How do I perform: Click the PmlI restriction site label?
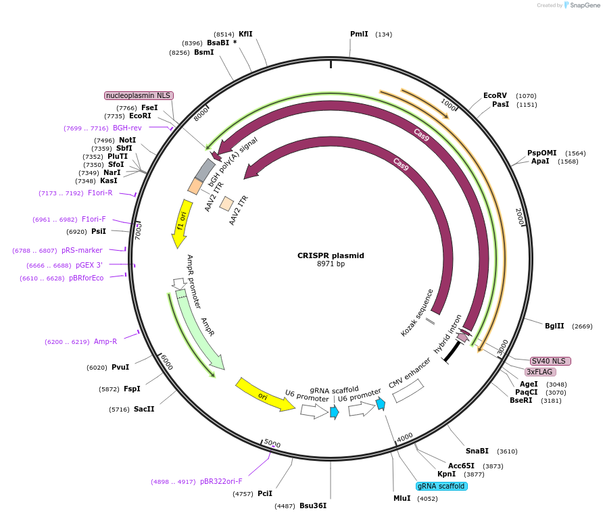coord(359,34)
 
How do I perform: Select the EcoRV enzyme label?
coord(495,95)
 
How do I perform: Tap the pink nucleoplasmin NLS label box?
coord(139,95)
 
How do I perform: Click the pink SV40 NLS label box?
coord(550,361)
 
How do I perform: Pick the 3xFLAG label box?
coord(539,372)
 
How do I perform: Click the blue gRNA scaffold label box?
coord(441,486)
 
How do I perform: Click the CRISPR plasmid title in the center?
coord(331,255)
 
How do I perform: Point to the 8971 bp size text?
coord(331,264)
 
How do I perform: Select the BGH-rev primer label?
coord(127,128)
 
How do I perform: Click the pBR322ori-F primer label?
coord(221,481)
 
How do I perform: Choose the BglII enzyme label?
coord(554,326)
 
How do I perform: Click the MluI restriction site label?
coord(402,498)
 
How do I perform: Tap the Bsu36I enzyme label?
coord(312,506)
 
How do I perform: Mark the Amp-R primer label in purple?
coord(105,341)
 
